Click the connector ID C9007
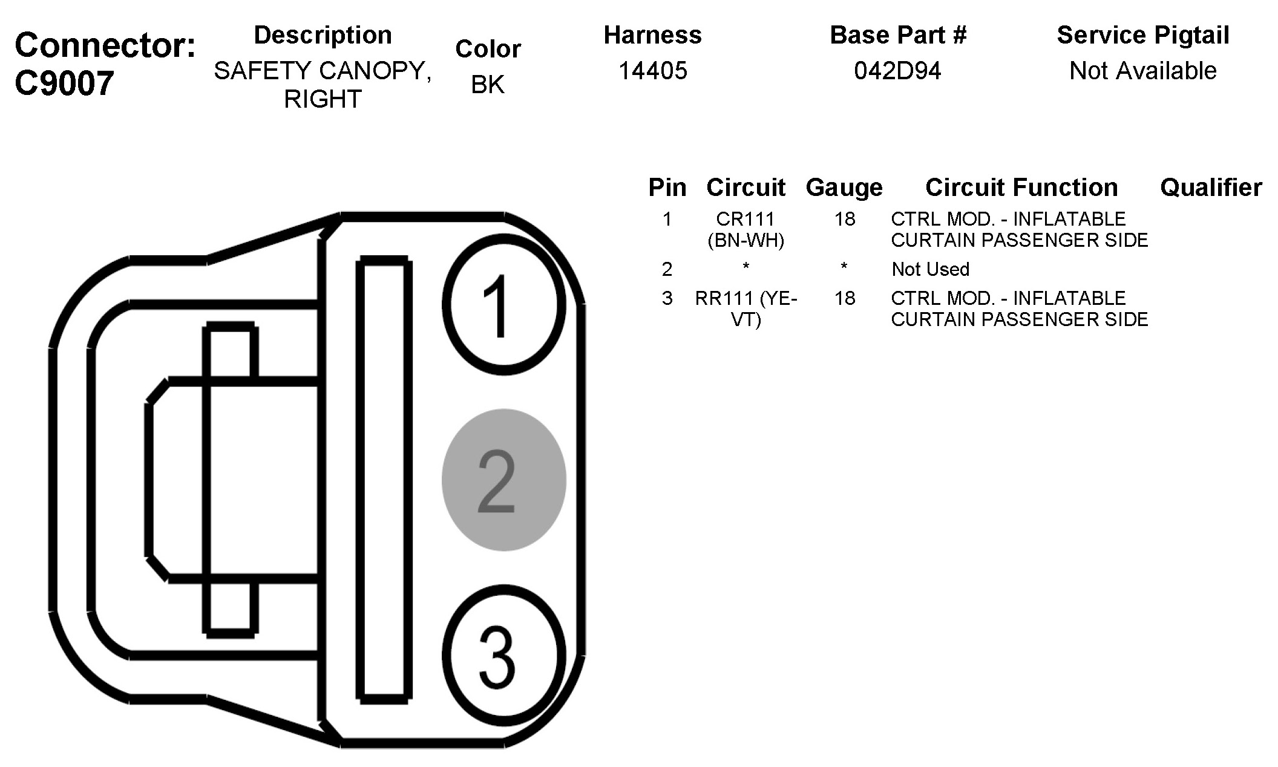point(64,83)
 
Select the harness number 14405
point(652,71)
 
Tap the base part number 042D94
point(897,71)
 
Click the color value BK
point(487,85)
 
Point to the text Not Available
point(1142,71)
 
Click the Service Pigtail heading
point(1142,35)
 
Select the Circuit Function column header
point(1021,188)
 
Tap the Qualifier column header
point(1211,188)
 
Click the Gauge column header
point(844,188)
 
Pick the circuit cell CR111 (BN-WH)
point(745,230)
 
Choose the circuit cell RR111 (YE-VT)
point(745,308)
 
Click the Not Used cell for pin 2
point(930,269)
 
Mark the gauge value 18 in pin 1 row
point(845,219)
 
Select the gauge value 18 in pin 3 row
point(845,298)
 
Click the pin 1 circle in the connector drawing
point(503,304)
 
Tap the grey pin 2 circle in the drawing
point(503,480)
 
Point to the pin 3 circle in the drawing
point(503,655)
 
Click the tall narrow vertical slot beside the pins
point(385,480)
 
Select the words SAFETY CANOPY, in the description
point(323,71)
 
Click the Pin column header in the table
point(667,188)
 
